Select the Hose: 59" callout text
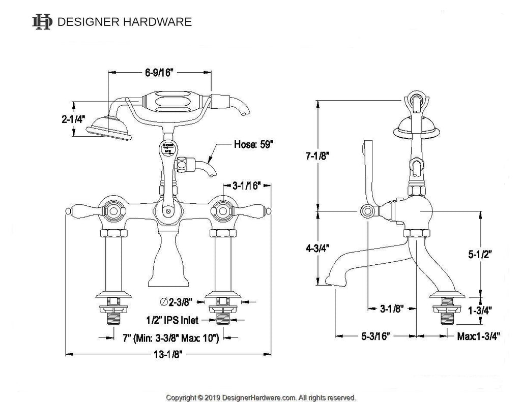(253, 144)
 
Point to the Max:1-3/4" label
(478, 336)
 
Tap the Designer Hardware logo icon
(42, 21)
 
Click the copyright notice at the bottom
(260, 397)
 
